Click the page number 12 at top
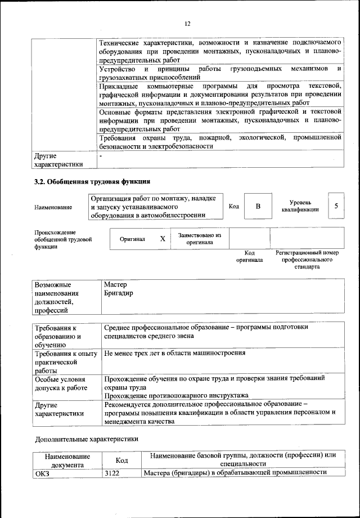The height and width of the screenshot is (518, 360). coord(187,23)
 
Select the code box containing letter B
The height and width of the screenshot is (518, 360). coord(258,206)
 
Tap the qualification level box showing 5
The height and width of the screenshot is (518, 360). coord(336,206)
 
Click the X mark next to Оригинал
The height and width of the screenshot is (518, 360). coord(163,239)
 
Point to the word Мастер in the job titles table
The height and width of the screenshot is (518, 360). coord(116,285)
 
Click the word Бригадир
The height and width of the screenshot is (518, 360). coord(119,294)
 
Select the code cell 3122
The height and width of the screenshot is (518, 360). coord(112,472)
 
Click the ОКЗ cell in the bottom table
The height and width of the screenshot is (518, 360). coord(43,472)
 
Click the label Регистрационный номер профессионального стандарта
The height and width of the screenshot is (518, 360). coord(307,260)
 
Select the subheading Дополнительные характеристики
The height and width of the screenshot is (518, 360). coord(86,439)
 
